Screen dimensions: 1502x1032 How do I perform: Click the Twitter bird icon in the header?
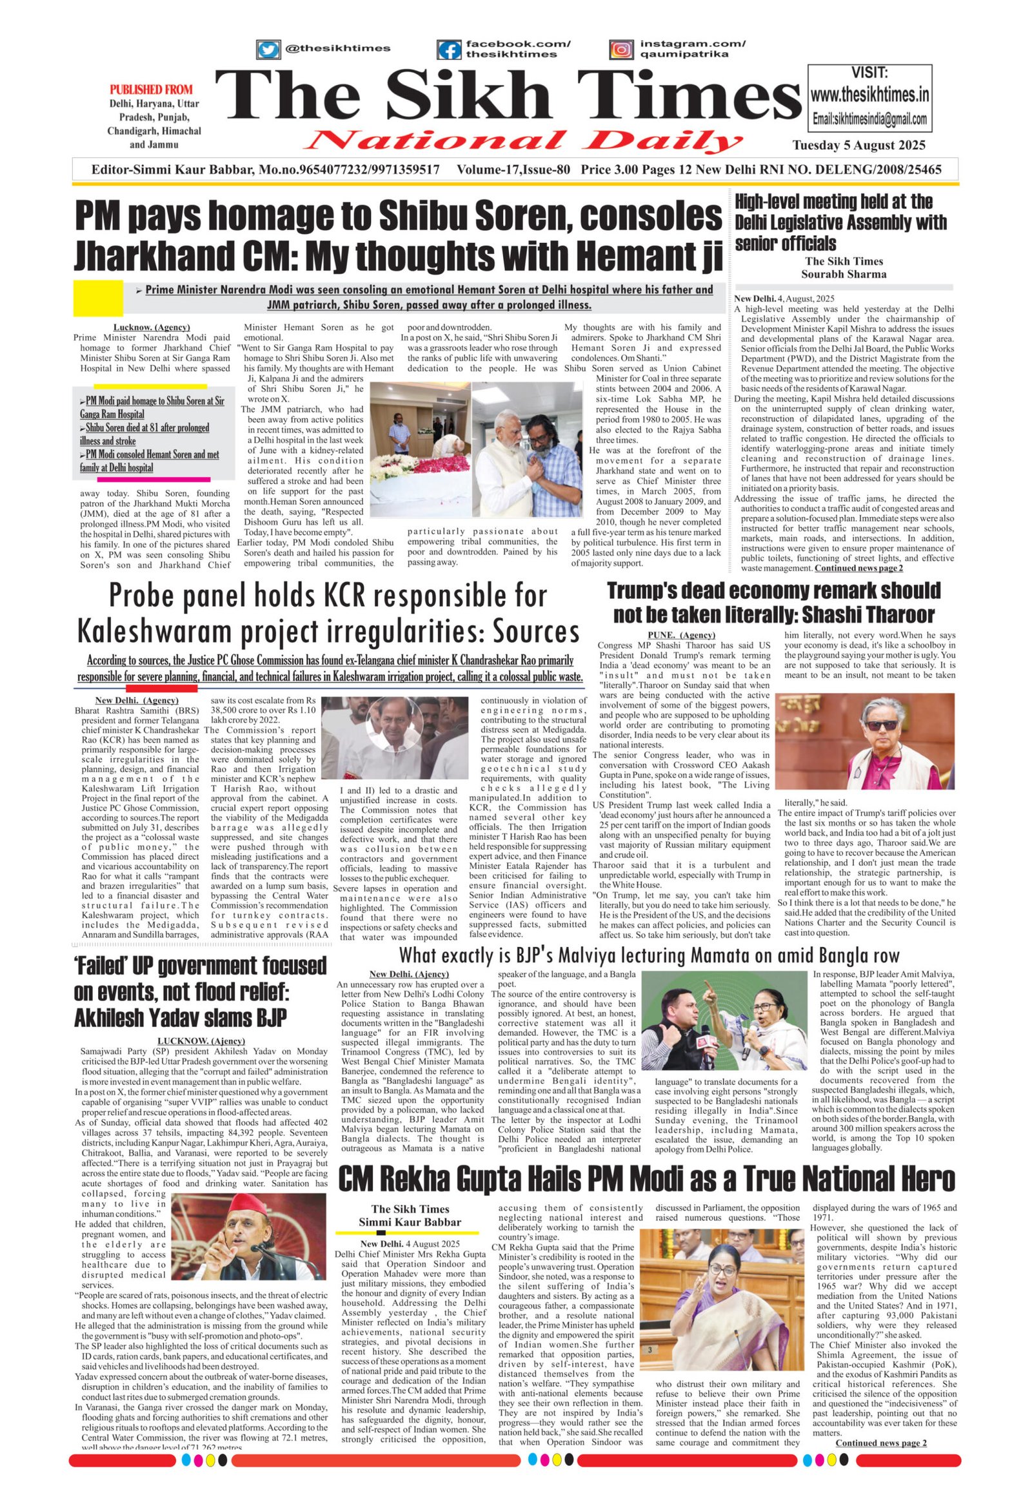tap(268, 50)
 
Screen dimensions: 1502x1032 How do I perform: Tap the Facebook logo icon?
tap(449, 50)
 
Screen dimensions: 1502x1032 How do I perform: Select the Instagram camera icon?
tap(621, 50)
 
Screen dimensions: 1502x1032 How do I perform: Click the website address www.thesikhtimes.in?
tap(869, 95)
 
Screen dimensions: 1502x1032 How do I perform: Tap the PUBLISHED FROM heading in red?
tap(151, 89)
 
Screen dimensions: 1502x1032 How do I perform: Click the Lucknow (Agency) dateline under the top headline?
tap(152, 327)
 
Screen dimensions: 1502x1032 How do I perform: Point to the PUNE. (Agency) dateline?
tap(681, 635)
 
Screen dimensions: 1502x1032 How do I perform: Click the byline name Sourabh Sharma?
tap(843, 274)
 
